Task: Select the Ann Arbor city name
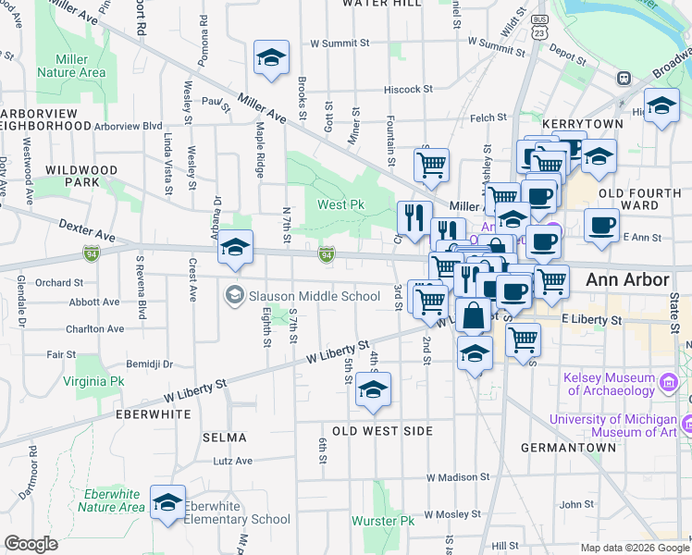[627, 279]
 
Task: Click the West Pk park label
[338, 204]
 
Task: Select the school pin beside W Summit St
[272, 57]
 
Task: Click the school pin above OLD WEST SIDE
[374, 390]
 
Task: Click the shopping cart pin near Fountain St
[431, 166]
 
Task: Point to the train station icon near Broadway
[624, 79]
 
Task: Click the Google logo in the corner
[31, 543]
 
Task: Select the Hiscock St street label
[410, 90]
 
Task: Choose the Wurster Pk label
[395, 521]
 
